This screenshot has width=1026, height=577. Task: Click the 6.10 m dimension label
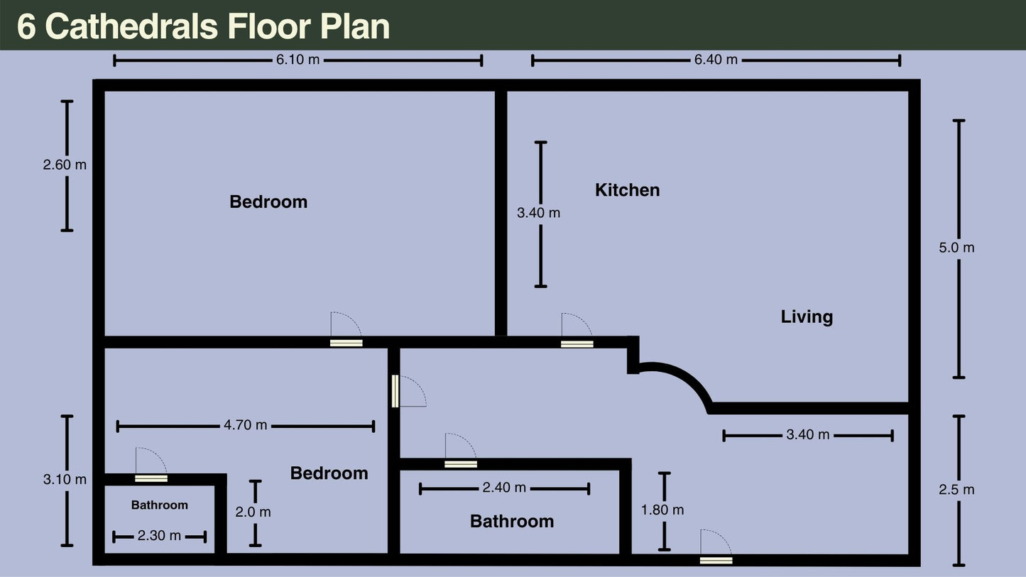tap(298, 60)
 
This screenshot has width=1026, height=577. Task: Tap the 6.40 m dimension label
tap(716, 60)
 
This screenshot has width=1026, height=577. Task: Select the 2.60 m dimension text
tap(65, 165)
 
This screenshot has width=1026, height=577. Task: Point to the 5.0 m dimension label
tap(956, 248)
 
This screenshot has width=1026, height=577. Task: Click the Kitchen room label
tap(628, 190)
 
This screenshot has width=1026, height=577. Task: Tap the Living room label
tap(807, 317)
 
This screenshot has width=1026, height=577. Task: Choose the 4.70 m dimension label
tap(246, 425)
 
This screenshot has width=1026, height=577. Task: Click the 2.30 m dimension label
tap(159, 536)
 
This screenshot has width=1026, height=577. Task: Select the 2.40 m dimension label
tap(504, 488)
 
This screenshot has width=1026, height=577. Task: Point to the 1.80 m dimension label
tap(662, 510)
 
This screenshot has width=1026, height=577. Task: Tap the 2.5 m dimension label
tap(956, 490)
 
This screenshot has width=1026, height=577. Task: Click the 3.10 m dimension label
tap(65, 480)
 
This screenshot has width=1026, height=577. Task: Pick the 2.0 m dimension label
tap(253, 512)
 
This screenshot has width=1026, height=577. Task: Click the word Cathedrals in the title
tap(132, 26)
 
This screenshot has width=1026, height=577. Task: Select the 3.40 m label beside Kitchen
tap(539, 213)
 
